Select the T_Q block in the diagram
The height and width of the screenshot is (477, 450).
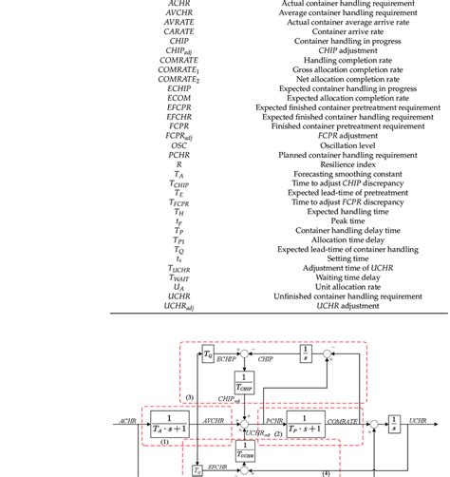[x=208, y=354]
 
